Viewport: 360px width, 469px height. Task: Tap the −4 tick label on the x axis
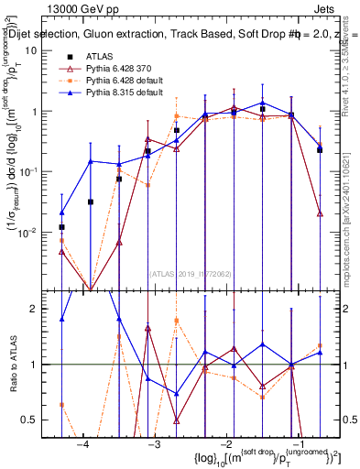pos(83,445)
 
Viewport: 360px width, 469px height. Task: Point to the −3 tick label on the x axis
pos(154,445)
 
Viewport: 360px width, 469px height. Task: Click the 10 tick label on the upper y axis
pos(30,50)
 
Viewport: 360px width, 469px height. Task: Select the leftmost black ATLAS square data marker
pos(61,226)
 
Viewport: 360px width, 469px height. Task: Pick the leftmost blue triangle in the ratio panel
pos(61,320)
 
